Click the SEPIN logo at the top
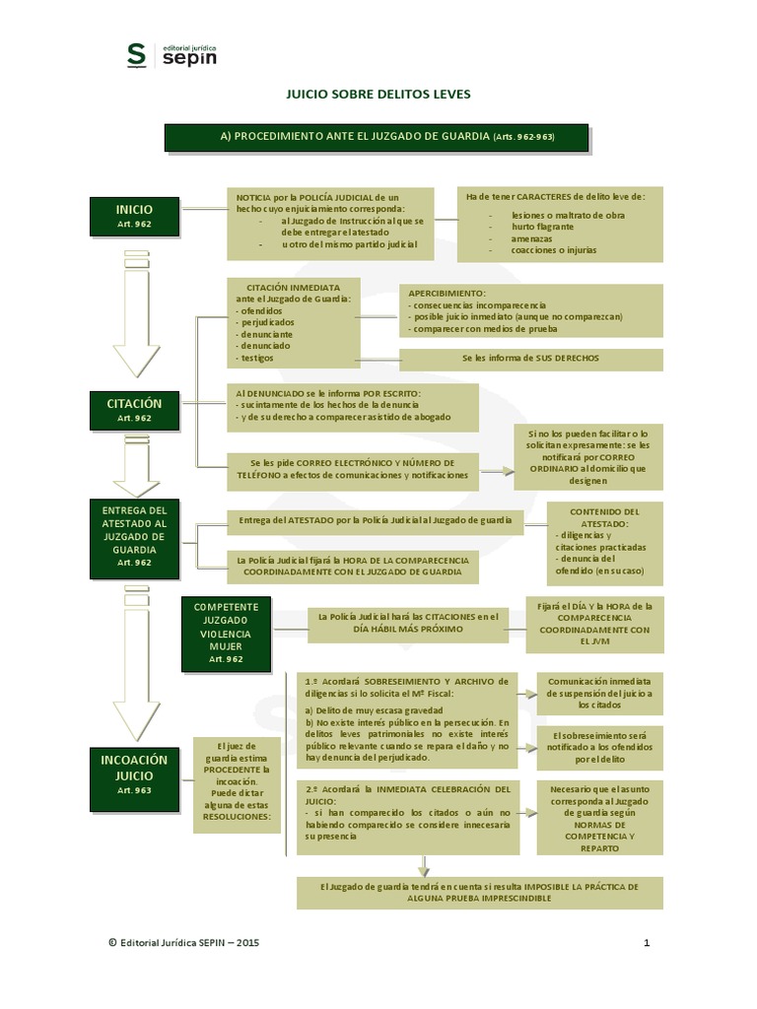pos(172,55)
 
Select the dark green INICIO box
pos(134,217)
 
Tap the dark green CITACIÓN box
pos(134,409)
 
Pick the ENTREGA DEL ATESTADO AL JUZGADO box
pos(134,536)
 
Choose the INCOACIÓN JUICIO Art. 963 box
pos(134,773)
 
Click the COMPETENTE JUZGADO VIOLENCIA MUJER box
pos(226,632)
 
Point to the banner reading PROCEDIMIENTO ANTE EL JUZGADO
pos(376,137)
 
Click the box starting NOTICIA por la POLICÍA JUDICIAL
pos(329,221)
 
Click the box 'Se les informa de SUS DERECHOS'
pos(530,358)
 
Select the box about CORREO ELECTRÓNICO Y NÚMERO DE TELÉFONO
pos(352,469)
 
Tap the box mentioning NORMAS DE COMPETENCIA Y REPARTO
pos(599,817)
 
